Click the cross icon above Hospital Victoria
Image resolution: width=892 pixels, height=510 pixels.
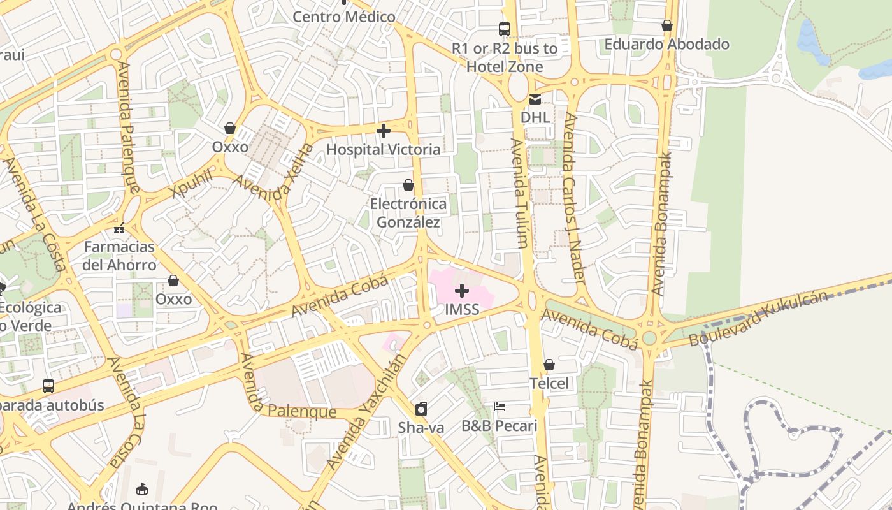383,131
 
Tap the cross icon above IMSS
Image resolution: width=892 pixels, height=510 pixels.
462,291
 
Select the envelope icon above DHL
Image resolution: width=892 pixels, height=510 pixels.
535,99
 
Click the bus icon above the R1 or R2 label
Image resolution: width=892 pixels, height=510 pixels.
504,29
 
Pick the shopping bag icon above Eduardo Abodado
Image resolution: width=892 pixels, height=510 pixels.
667,26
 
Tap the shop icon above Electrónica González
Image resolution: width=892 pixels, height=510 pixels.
408,185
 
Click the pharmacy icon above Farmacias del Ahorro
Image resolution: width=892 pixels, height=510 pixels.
119,228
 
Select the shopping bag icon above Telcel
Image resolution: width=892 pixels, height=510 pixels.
549,365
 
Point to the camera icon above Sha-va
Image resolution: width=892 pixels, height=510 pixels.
421,409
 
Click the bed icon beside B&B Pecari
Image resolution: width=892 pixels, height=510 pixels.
500,406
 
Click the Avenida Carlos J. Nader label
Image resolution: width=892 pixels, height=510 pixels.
574,198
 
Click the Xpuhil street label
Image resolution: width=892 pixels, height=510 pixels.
191,184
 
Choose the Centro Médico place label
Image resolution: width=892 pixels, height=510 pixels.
344,17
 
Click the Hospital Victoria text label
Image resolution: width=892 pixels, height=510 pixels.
383,149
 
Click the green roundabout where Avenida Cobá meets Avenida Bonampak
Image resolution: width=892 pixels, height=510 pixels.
649,338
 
